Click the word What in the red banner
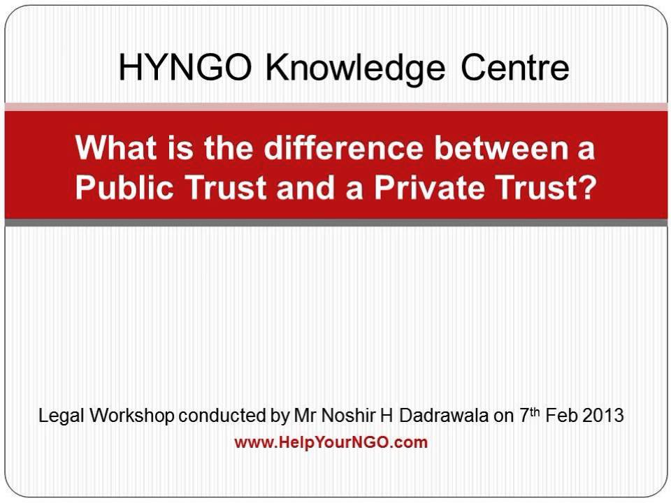click(x=110, y=150)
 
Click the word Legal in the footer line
click(x=59, y=417)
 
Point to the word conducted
click(x=222, y=417)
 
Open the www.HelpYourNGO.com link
click(x=331, y=443)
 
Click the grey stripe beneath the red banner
click(x=335, y=222)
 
